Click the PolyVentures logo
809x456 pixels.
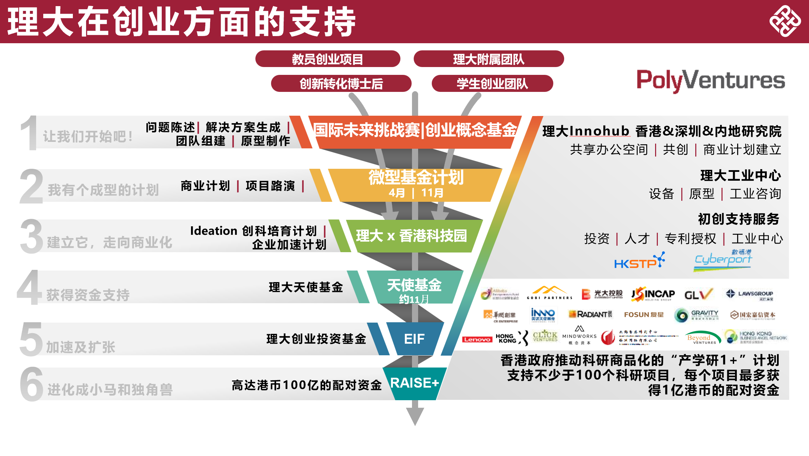click(711, 80)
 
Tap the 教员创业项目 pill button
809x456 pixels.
click(328, 59)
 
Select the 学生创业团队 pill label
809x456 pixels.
click(492, 84)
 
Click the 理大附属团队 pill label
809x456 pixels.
click(489, 59)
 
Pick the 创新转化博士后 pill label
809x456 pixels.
click(341, 84)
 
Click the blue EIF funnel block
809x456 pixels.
click(414, 339)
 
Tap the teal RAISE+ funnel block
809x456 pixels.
click(414, 383)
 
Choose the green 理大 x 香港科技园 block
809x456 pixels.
click(411, 236)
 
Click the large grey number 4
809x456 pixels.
click(29, 288)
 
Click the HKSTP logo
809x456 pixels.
click(639, 261)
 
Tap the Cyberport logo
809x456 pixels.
click(723, 261)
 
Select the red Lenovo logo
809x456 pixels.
click(477, 339)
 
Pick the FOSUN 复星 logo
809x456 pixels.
click(644, 315)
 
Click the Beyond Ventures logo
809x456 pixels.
click(702, 338)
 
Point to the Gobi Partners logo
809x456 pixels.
click(549, 293)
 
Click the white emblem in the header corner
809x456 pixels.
click(785, 21)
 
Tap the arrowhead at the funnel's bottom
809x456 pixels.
click(415, 416)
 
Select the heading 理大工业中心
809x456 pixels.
click(740, 176)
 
